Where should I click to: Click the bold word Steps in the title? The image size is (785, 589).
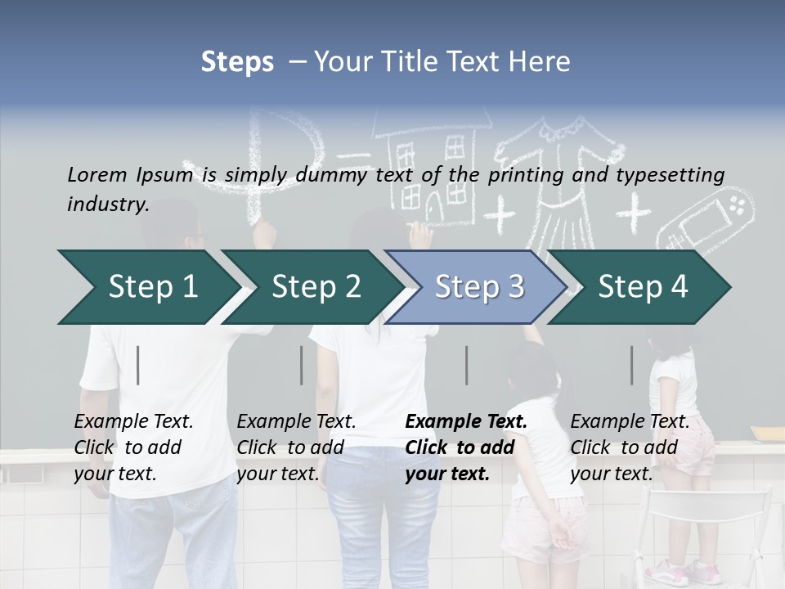[x=237, y=62]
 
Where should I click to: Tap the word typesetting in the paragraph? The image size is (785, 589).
[x=670, y=174]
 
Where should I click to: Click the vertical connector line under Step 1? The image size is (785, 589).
[x=138, y=365]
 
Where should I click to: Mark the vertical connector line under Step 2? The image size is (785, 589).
[x=302, y=365]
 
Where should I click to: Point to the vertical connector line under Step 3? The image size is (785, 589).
[x=467, y=365]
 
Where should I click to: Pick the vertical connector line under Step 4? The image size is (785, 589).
[x=631, y=365]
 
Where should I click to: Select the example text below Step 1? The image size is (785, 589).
[x=133, y=447]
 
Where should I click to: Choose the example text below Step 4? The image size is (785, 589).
[x=630, y=447]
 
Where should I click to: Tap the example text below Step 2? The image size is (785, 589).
[x=296, y=447]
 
